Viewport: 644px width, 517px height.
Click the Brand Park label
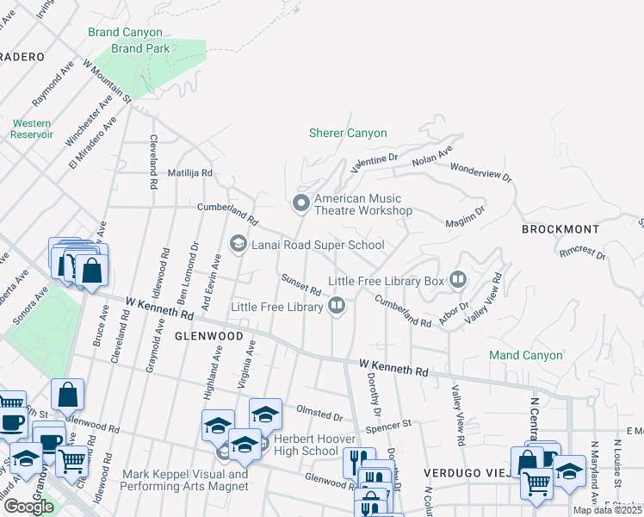pos(140,48)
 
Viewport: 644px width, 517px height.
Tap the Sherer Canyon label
pos(348,133)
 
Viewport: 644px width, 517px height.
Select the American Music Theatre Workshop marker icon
pos(300,203)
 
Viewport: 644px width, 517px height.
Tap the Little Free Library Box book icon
pos(458,280)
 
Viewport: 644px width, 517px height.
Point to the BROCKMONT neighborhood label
pos(560,229)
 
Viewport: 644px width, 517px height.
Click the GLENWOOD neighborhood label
pos(207,335)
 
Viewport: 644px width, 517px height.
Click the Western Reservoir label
pos(32,128)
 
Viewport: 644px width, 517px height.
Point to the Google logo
pos(28,506)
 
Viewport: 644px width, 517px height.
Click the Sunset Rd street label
pos(300,283)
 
